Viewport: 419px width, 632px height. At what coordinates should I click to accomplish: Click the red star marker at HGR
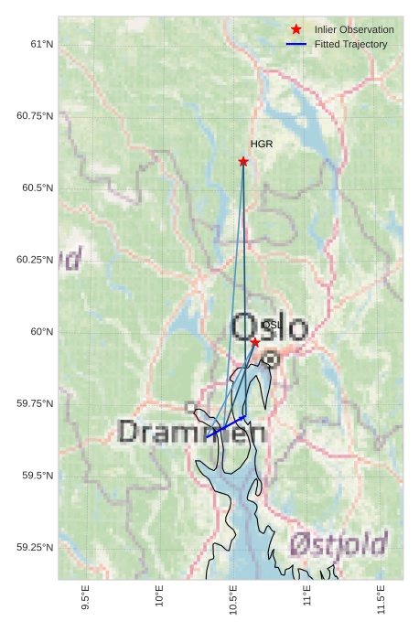tap(243, 162)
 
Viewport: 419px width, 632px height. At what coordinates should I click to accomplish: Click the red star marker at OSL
tap(255, 342)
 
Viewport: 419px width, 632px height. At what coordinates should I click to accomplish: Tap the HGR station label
tap(262, 145)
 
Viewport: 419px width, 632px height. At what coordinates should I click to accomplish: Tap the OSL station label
tap(271, 325)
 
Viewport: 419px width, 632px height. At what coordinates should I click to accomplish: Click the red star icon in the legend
tap(295, 30)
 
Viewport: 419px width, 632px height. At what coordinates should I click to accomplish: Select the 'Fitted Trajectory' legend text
tap(350, 45)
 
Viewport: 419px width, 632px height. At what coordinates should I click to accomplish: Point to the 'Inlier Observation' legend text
tap(354, 30)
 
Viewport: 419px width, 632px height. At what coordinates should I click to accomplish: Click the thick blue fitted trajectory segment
tap(227, 427)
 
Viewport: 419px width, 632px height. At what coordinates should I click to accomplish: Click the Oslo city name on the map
tap(270, 327)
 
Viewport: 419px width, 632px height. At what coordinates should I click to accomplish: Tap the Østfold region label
tap(338, 545)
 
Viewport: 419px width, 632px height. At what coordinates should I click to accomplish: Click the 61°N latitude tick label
tap(41, 44)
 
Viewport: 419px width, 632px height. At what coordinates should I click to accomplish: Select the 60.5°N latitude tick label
tap(36, 188)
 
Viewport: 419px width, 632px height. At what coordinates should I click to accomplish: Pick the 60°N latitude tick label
tap(41, 332)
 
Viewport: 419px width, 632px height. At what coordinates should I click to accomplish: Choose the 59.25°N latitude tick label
tap(35, 548)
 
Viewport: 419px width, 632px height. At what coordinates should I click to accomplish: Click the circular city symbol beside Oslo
tap(271, 359)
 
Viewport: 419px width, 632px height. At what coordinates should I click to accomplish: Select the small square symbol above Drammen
tap(190, 407)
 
